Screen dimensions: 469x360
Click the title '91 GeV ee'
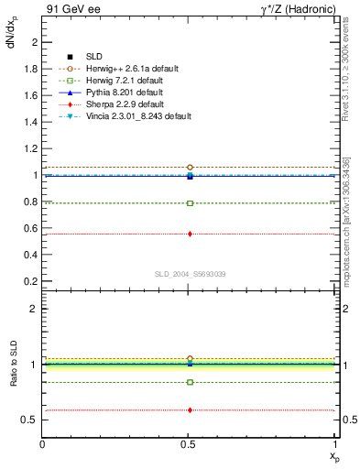(70, 9)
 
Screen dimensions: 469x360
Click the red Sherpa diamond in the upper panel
(190, 234)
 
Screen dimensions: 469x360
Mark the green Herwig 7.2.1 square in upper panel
(190, 203)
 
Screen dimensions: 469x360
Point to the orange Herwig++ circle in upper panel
(190, 168)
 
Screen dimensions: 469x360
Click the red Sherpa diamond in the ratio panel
(190, 410)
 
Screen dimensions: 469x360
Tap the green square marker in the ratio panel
(190, 382)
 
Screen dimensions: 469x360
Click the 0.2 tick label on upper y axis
(30, 280)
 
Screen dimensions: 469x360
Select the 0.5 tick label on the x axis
(189, 444)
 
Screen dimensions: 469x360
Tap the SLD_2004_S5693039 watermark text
(190, 274)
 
